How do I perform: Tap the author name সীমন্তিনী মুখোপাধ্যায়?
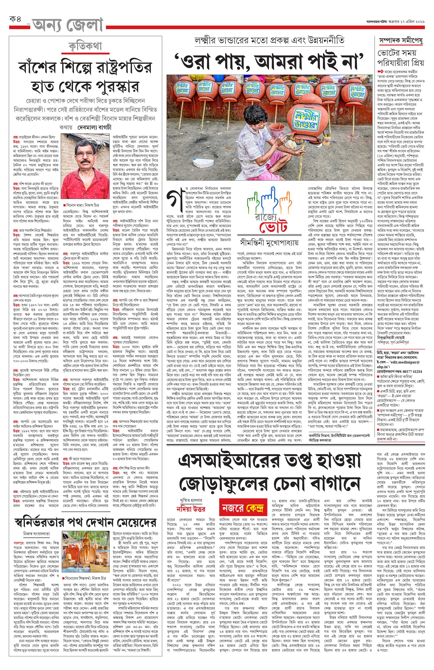(269, 243)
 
